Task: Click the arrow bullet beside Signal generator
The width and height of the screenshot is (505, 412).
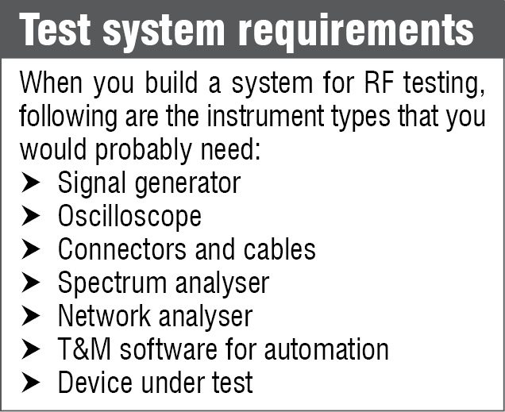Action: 32,183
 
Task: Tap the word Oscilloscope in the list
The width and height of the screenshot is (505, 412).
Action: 129,217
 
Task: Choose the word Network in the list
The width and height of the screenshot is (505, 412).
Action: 105,317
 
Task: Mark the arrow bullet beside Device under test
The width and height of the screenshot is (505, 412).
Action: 32,383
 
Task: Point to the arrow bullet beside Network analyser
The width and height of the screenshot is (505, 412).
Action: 32,317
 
